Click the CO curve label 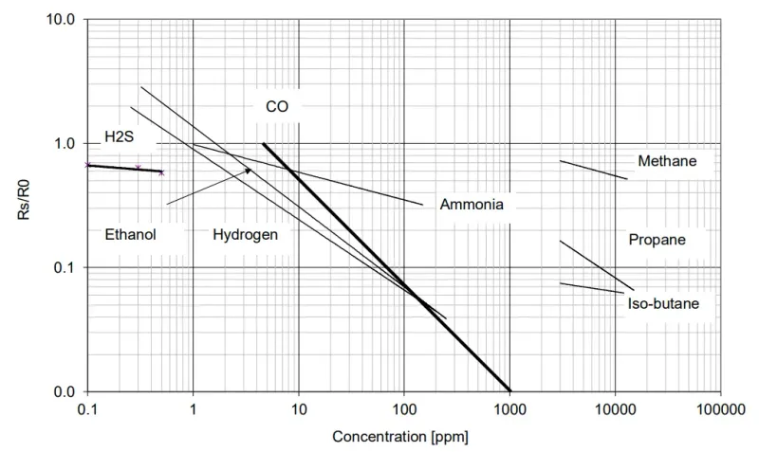277,107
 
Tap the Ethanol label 130,234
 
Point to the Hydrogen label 245,234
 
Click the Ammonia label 472,204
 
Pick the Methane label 667,161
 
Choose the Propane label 657,240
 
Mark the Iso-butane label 663,304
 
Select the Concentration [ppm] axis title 400,438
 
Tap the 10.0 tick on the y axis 61,20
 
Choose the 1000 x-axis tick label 509,409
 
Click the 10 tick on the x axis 299,409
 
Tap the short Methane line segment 593,170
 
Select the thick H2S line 123,168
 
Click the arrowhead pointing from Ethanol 249,171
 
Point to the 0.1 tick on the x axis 88,409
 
